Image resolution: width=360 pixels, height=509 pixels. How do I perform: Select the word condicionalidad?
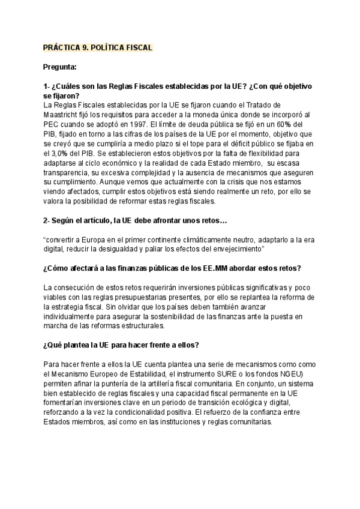(157, 412)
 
